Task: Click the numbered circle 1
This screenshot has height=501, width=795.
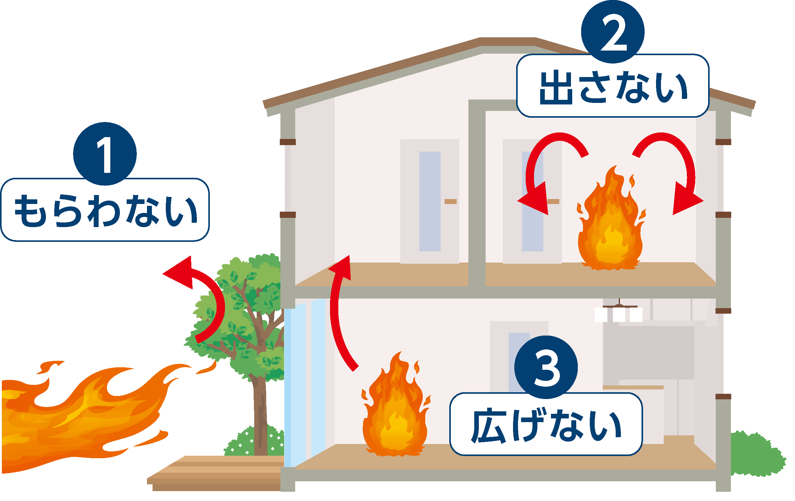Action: [105, 153]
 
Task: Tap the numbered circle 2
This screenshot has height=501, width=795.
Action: [613, 32]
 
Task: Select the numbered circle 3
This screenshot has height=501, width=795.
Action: [546, 367]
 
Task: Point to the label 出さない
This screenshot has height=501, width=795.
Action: [613, 87]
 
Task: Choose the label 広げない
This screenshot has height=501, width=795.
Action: [546, 425]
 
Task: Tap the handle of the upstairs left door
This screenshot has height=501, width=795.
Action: [450, 201]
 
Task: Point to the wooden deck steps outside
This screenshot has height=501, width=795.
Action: [214, 474]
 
